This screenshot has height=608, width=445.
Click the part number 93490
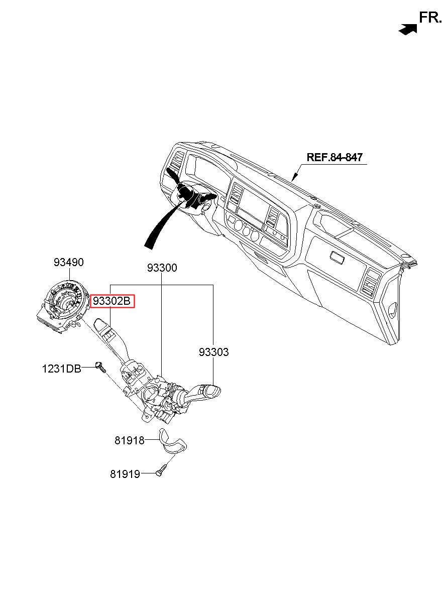click(x=69, y=263)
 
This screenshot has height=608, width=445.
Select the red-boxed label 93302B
click(x=112, y=301)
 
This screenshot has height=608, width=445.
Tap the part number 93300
click(x=162, y=268)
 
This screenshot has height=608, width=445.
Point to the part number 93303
click(x=213, y=352)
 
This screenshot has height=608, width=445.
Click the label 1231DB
click(x=62, y=369)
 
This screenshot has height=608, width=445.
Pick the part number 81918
click(x=129, y=440)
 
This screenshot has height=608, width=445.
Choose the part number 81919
click(x=125, y=474)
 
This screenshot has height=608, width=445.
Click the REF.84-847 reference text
click(x=335, y=157)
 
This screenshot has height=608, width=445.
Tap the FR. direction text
click(x=430, y=18)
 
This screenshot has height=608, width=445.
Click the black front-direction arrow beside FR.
click(x=408, y=29)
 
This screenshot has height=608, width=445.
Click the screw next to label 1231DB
click(x=100, y=367)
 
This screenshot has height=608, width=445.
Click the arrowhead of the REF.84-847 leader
click(x=293, y=178)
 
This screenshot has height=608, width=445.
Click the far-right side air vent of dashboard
click(x=369, y=283)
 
